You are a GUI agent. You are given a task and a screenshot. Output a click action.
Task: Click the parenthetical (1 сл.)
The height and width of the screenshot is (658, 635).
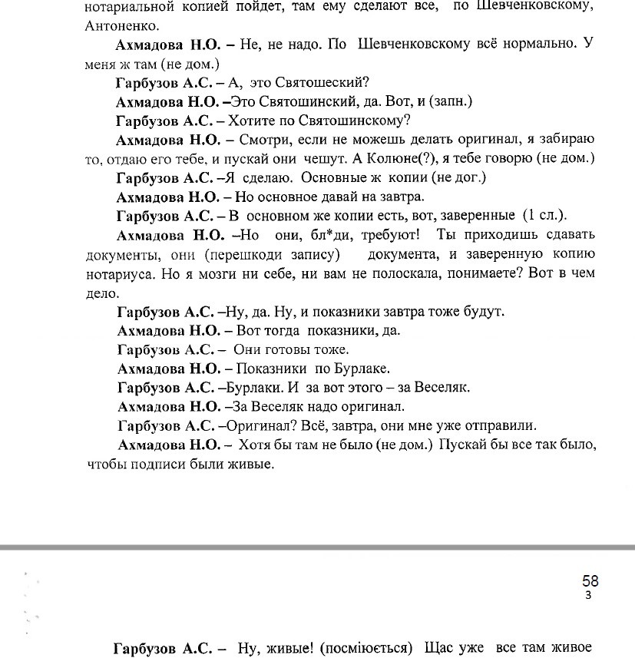tap(544, 215)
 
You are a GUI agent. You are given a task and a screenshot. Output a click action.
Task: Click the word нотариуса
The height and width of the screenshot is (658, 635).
tap(120, 273)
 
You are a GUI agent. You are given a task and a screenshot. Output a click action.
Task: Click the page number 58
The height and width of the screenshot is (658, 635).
tap(590, 581)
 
